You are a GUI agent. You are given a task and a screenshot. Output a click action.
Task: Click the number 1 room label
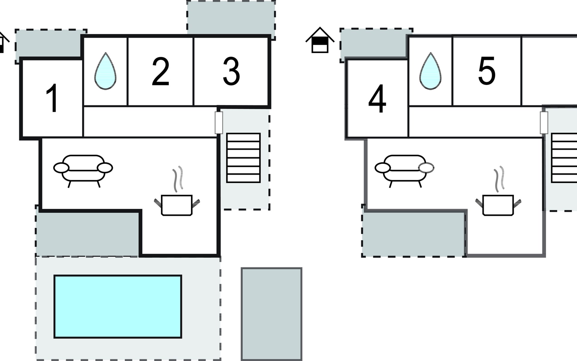tap(52, 98)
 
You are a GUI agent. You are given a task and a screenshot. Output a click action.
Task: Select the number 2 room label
tap(160, 72)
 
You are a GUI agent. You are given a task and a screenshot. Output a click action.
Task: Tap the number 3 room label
tap(231, 71)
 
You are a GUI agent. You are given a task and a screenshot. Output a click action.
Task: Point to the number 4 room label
tap(377, 99)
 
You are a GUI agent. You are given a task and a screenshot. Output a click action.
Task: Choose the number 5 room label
tap(487, 71)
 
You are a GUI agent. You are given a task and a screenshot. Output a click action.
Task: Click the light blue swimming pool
tap(118, 307)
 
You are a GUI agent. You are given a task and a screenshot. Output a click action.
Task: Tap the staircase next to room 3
tap(243, 158)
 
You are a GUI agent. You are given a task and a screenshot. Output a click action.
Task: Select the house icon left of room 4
tap(320, 40)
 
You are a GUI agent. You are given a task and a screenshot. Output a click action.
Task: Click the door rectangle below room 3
tap(219, 123)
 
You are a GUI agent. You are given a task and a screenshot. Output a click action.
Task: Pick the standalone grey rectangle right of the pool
tap(271, 314)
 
